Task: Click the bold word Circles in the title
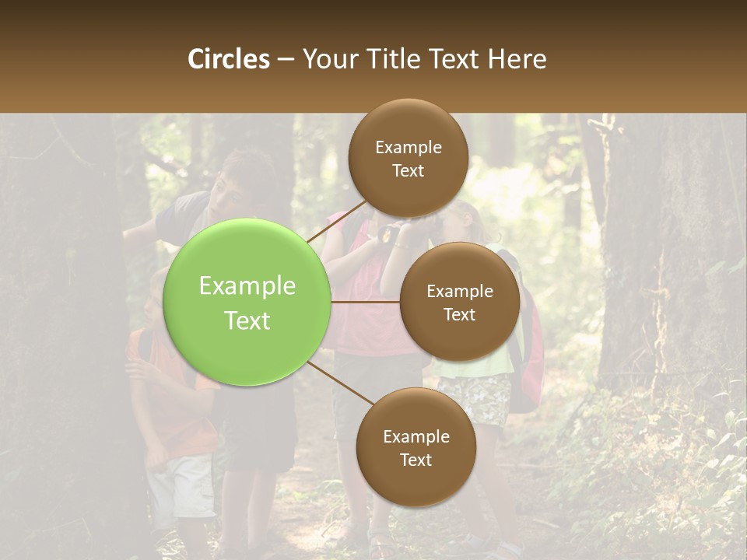(x=229, y=59)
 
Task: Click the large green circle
(x=247, y=302)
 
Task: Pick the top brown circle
(x=409, y=159)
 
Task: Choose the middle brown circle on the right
(x=460, y=302)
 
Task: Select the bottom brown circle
(x=416, y=447)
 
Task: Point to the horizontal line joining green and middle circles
(x=365, y=302)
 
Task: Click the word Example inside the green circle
(x=247, y=286)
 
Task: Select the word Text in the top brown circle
(x=409, y=171)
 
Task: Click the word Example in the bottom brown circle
(x=416, y=436)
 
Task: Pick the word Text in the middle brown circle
(x=460, y=314)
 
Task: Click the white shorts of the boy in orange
(x=181, y=485)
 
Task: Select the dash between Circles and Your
(x=286, y=60)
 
